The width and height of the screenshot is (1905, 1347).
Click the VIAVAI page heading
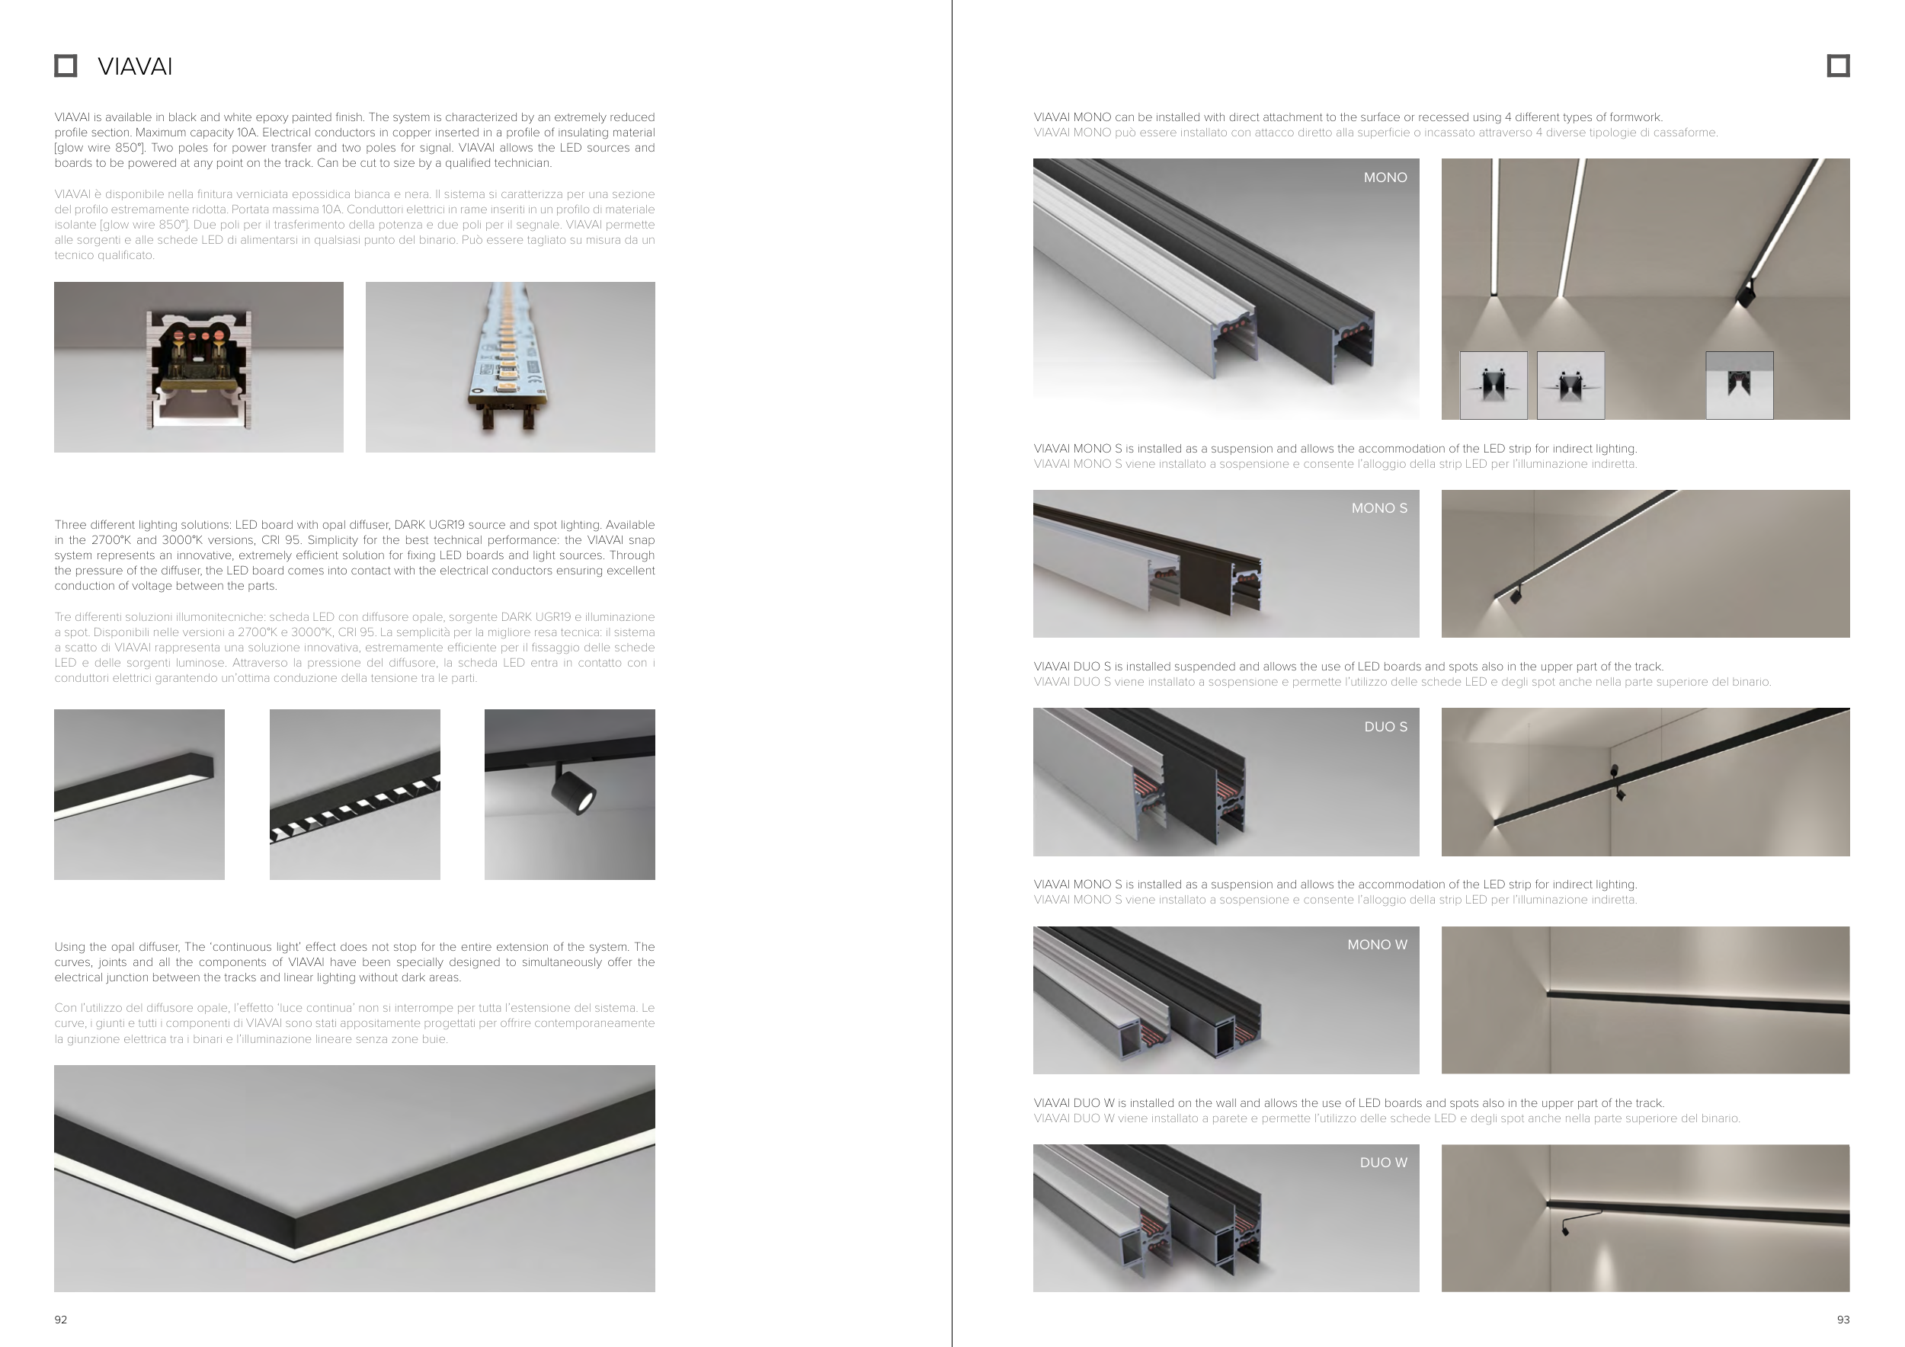tap(134, 66)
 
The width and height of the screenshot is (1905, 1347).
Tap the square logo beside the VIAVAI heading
tap(66, 66)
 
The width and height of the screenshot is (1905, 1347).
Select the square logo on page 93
tap(1838, 66)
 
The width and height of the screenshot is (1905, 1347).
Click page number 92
tap(60, 1320)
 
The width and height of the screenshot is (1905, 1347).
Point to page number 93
tap(1843, 1320)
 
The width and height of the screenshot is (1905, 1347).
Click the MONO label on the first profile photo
tap(1385, 178)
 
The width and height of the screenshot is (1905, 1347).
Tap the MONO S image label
tap(1379, 508)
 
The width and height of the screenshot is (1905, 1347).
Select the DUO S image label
tap(1385, 727)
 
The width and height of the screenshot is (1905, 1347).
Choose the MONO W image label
tap(1377, 945)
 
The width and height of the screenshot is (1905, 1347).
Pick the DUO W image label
tap(1383, 1163)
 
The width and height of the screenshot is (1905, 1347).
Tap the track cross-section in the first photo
tap(199, 369)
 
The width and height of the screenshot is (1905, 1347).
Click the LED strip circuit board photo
tap(511, 367)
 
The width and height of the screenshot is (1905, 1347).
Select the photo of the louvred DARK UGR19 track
tap(355, 795)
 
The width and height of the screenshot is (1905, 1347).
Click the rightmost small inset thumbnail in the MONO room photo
tap(1739, 386)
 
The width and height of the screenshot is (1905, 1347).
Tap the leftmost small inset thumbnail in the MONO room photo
tap(1494, 386)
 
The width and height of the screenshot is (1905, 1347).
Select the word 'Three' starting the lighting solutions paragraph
tap(71, 525)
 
